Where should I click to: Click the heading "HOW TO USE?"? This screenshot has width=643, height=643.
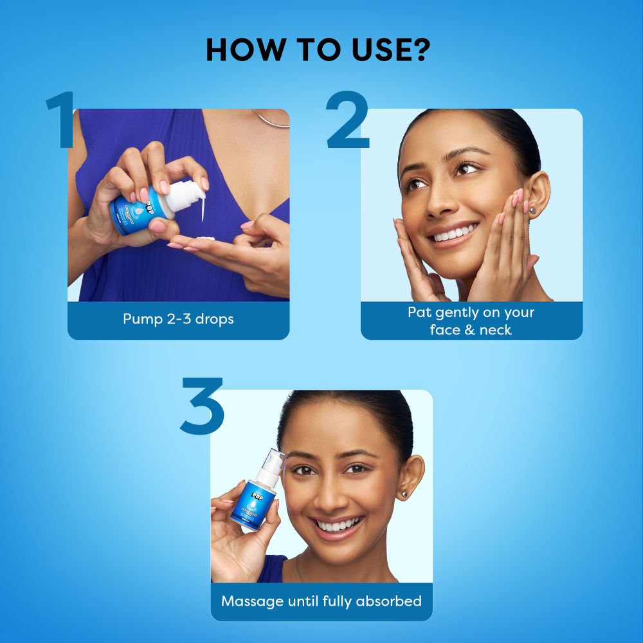318,50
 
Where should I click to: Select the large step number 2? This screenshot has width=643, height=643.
347,121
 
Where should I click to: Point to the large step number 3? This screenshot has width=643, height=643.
201,406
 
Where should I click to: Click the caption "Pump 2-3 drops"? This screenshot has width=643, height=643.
178,319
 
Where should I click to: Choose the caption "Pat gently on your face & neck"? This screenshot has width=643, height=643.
471,321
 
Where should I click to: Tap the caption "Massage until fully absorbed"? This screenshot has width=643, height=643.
321,601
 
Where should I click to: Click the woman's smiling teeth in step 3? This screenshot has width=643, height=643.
338,525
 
